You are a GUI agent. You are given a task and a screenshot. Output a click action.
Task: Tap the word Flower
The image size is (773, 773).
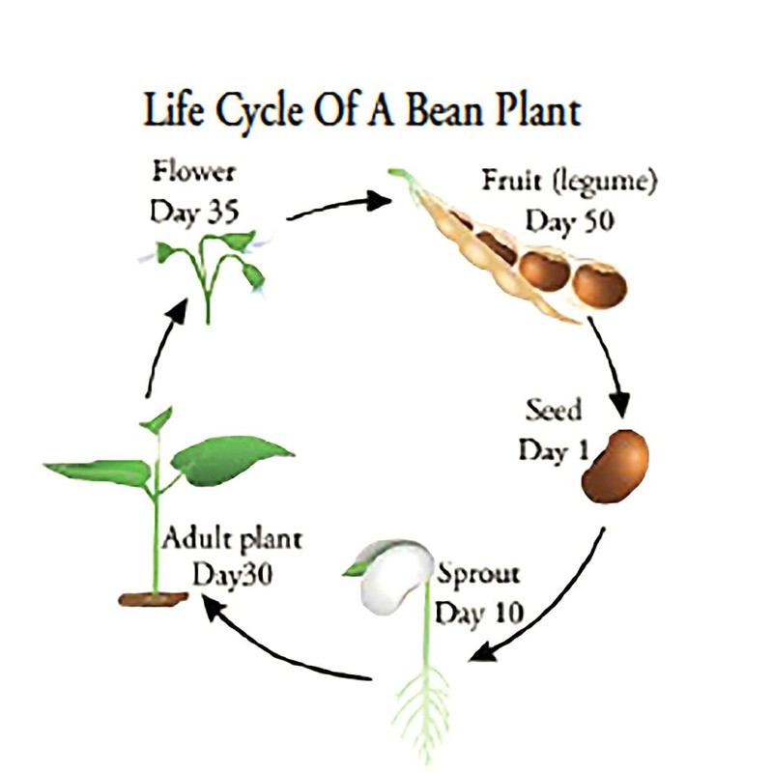[193, 175]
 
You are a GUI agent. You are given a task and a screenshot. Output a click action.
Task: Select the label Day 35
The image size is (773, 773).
[193, 213]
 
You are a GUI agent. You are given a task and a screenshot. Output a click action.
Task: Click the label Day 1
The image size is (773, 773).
[547, 450]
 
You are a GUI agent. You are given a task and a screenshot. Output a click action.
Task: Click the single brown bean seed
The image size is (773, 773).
[617, 466]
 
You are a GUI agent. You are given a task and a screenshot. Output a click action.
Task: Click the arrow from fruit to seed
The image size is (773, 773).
[611, 367]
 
